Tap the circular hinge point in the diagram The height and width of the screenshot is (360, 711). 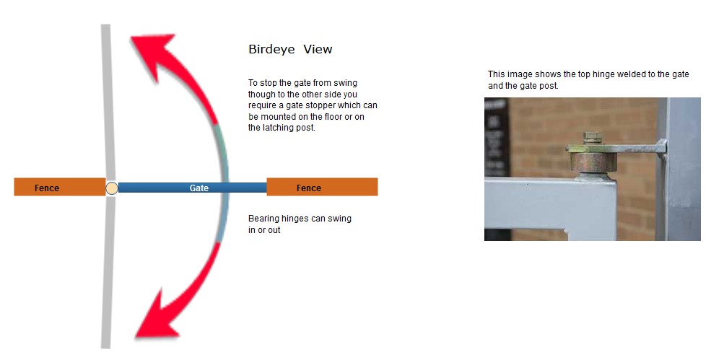point(111,188)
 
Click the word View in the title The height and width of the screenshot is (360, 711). point(318,50)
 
